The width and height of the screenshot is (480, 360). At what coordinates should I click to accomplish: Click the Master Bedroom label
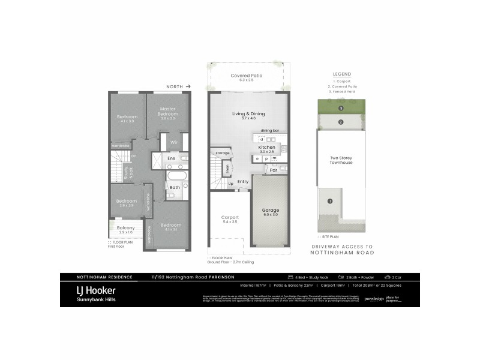click(167, 111)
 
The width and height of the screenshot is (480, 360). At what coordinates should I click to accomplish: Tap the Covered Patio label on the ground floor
click(247, 76)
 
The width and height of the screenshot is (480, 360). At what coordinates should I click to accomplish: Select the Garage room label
click(271, 211)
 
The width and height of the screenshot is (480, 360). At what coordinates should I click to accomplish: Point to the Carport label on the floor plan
click(230, 217)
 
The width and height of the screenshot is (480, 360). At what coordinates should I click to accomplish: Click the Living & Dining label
click(248, 113)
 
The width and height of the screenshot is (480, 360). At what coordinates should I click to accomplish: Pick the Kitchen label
click(266, 146)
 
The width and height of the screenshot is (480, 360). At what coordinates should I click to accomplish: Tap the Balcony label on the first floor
click(125, 227)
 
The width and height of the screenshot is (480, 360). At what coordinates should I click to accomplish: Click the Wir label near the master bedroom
click(174, 142)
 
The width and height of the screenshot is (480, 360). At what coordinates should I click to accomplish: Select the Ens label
click(171, 158)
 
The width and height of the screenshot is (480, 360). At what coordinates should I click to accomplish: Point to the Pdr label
click(273, 170)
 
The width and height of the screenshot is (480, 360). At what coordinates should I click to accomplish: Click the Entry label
click(243, 181)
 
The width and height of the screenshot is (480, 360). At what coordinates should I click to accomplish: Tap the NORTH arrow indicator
click(181, 86)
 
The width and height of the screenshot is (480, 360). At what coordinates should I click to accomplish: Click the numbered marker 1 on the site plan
click(329, 201)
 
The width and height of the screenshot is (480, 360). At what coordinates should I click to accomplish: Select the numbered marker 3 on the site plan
click(340, 109)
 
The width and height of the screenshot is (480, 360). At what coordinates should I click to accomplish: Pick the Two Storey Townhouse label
click(340, 160)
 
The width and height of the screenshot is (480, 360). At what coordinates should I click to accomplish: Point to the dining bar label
click(270, 130)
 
